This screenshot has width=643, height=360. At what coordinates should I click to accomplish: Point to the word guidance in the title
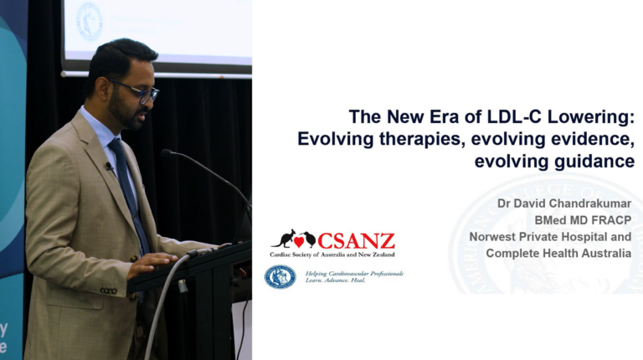tap(594, 162)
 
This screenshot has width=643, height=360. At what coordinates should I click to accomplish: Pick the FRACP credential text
tap(611, 220)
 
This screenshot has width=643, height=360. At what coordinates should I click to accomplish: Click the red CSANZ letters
tap(356, 241)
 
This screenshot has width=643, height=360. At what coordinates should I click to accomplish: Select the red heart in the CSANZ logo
tap(299, 242)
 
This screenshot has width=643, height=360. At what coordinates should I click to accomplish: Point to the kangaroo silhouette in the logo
tap(283, 239)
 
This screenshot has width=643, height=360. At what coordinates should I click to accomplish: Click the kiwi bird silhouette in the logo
tap(309, 239)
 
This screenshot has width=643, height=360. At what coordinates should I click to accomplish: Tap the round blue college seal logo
tap(280, 277)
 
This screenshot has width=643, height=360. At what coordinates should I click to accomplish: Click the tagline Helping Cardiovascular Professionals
tap(354, 274)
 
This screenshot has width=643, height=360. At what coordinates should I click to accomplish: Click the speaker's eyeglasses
tap(137, 91)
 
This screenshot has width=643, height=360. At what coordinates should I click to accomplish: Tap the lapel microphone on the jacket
tap(109, 166)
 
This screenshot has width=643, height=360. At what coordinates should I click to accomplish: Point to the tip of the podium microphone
tap(165, 153)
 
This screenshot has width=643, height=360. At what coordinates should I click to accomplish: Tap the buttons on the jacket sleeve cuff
tap(109, 291)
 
